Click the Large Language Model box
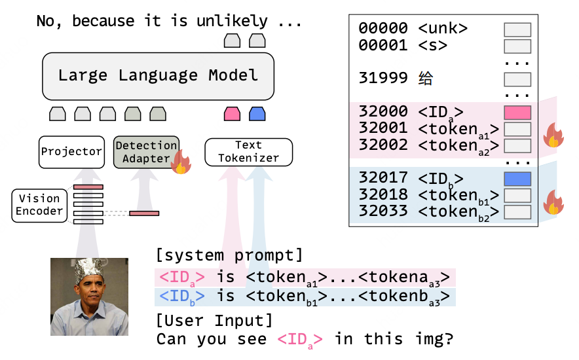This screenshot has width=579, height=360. [x=158, y=75]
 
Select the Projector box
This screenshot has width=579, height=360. [x=71, y=151]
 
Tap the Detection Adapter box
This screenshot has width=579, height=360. [x=146, y=152]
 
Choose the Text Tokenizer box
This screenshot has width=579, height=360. [x=248, y=151]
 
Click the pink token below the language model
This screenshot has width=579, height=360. [x=232, y=114]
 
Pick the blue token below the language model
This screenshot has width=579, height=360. [x=257, y=114]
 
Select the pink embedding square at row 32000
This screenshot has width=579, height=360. [x=517, y=112]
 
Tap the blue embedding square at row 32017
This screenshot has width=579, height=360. [x=517, y=179]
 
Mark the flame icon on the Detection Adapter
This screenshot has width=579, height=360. [x=180, y=162]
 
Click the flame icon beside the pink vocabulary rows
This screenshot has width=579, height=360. [x=553, y=135]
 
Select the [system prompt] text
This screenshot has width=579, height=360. [x=229, y=255]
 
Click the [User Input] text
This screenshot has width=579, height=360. [x=214, y=321]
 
